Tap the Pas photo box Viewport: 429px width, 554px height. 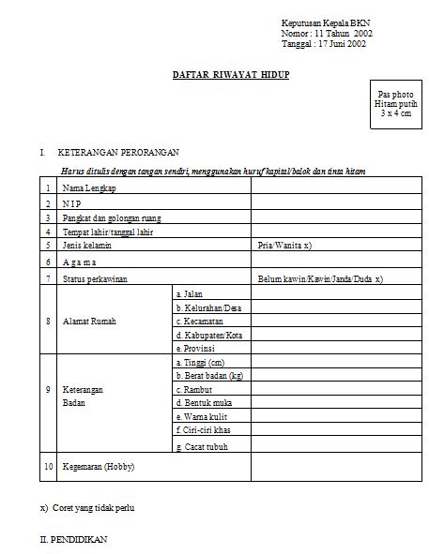click(x=395, y=109)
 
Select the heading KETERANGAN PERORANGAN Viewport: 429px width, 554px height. click(x=118, y=151)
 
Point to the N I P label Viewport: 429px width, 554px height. click(x=71, y=203)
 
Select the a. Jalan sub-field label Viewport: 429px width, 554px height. click(x=190, y=294)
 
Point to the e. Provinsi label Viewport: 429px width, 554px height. click(x=197, y=349)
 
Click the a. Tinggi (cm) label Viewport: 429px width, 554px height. click(x=200, y=361)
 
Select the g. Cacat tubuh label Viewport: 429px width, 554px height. click(x=202, y=446)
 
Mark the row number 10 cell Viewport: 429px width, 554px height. click(x=48, y=466)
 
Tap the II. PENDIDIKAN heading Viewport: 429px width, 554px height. click(x=73, y=540)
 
